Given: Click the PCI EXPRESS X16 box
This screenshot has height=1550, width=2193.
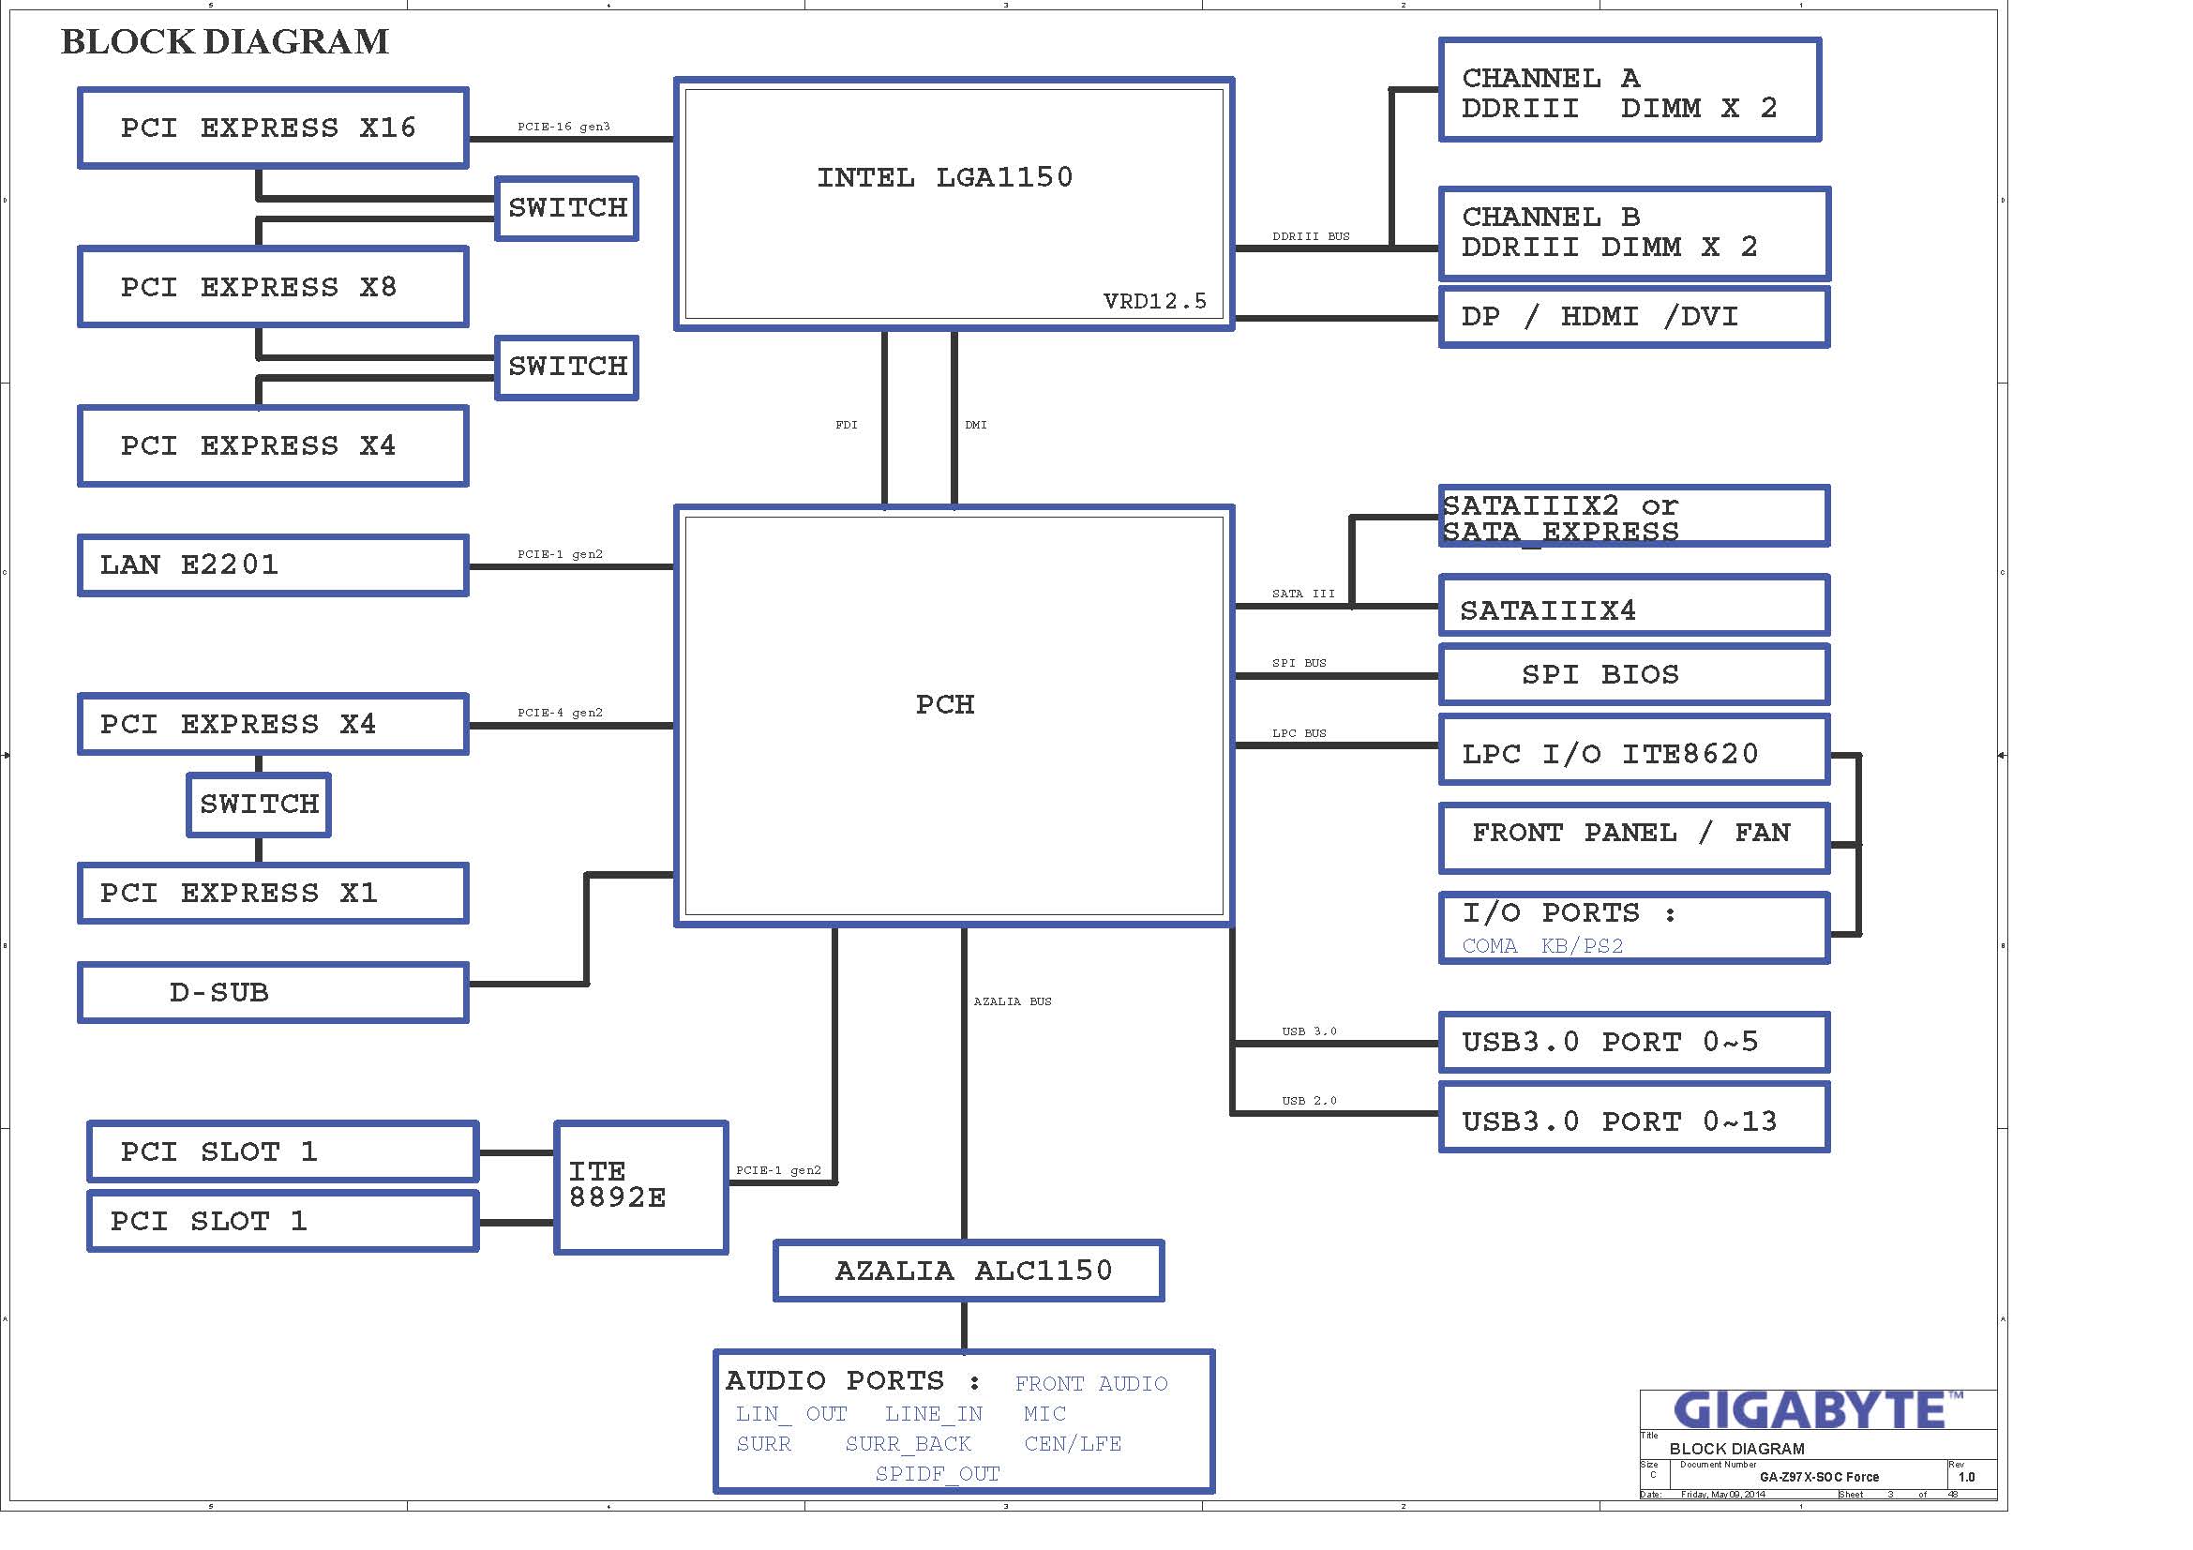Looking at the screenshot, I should (272, 128).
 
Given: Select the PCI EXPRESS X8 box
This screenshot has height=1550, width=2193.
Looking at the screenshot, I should (272, 287).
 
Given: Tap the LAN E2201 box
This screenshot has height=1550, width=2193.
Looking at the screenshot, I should (272, 565).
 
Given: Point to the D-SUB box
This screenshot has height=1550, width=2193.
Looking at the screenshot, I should (272, 992).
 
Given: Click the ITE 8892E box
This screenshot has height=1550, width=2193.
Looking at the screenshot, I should (640, 1186).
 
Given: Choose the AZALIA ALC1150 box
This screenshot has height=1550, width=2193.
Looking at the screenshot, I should (968, 1271).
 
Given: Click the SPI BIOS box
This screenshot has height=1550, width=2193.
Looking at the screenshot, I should (1633, 674).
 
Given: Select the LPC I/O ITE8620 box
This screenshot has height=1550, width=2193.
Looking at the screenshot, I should (1633, 754).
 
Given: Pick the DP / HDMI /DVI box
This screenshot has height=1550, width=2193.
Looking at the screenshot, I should (1633, 317).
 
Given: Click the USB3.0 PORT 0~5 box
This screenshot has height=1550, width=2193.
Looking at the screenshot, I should (1633, 1042).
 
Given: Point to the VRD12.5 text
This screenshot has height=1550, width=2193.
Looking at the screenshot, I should (1155, 302).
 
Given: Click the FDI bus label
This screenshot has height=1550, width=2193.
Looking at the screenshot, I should (847, 425).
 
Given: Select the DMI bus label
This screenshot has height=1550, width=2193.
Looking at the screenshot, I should (975, 425).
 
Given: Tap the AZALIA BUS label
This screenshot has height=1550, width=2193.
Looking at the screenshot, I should (1013, 1001).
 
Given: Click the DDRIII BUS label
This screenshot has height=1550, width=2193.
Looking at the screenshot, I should (1311, 237).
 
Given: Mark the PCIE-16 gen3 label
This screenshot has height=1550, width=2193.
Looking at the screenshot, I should (563, 127).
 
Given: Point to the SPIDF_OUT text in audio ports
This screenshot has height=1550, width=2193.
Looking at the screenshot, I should (937, 1474).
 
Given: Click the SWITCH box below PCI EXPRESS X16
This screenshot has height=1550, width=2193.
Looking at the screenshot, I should (567, 208).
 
